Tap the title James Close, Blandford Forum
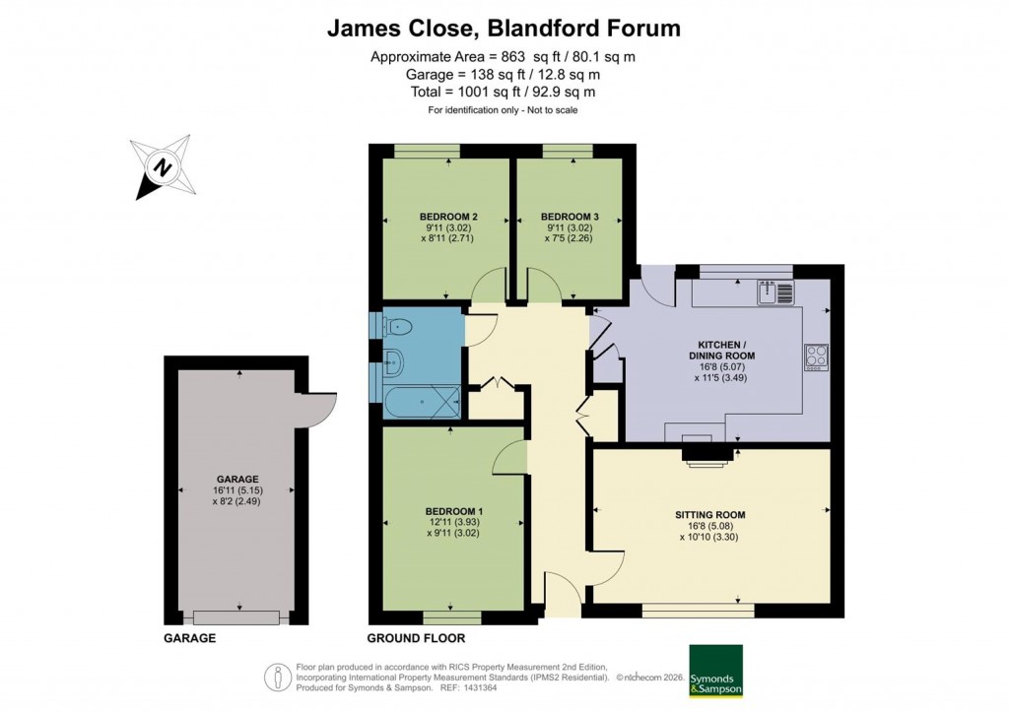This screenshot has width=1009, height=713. tap(504, 28)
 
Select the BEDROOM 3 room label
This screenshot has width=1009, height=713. tap(570, 217)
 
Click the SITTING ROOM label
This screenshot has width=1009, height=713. tap(709, 514)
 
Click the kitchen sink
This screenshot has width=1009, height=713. tap(774, 292)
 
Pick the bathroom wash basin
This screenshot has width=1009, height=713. tap(391, 362)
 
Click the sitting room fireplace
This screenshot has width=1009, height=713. tap(708, 451)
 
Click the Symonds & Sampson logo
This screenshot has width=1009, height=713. tap(714, 670)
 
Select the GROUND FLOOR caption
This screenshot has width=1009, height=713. tap(407, 638)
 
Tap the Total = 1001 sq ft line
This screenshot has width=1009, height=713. tap(503, 92)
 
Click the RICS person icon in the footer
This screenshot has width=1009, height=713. tap(279, 678)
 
